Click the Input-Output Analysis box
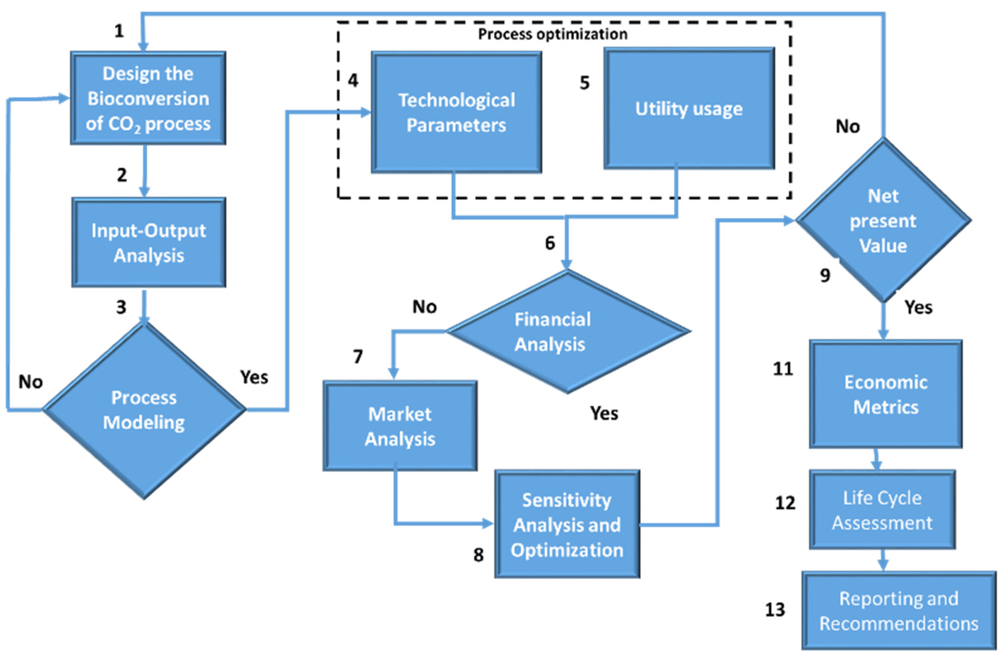pos(148,243)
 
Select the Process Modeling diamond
pos(144,410)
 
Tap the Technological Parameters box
pos(456,112)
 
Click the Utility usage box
pos(689,109)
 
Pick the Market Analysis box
pos(400,426)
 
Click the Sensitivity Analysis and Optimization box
pos(567,524)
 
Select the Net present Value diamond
pos(883,221)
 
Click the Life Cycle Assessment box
pos(882,509)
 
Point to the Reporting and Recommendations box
pos(899,611)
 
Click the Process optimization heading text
pos(553,34)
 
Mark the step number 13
pos(775,610)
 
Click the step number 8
pos(478,555)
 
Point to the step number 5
pos(584,83)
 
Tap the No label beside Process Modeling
pos(30,382)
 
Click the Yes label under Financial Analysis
pos(604,413)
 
